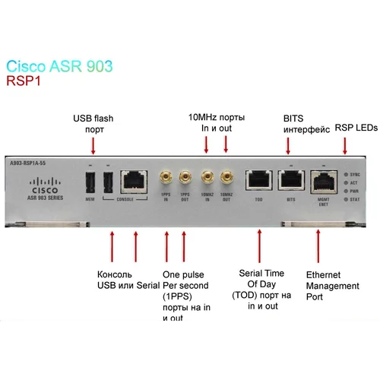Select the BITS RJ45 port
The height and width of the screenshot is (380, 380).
290,179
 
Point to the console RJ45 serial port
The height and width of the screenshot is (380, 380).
135,180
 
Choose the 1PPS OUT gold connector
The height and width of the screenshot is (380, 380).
184,179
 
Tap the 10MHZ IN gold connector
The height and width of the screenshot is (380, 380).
206,179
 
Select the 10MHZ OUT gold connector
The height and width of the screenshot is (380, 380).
225,179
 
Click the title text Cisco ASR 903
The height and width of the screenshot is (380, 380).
59,66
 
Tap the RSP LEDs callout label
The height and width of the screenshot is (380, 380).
356,128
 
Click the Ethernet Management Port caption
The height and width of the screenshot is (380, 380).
332,285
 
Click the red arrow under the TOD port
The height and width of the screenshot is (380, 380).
259,244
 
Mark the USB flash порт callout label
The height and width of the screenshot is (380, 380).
93,124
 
